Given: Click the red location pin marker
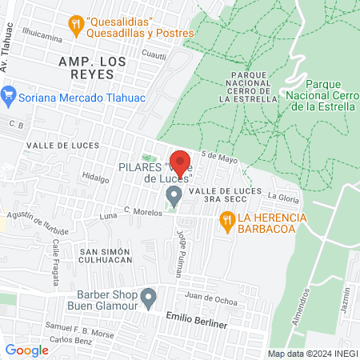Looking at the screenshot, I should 180,162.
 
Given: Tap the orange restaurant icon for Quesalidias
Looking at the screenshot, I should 76,23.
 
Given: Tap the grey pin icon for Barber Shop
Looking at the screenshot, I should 148,299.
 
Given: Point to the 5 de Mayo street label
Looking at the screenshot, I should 220,158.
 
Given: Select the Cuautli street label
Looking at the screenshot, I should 154,56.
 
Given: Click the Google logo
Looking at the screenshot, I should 26,350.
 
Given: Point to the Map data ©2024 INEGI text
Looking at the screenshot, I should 312,354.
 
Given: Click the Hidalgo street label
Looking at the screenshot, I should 94,179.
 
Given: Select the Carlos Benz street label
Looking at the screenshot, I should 66,339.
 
